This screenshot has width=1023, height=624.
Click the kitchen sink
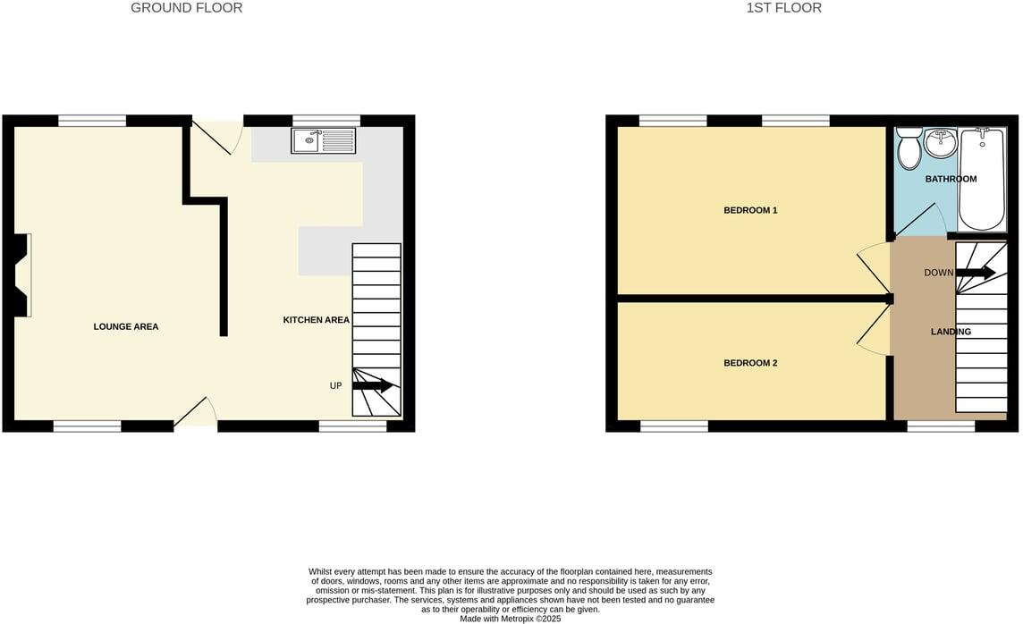coord(323,140)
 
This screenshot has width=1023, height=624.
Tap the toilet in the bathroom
coord(909,148)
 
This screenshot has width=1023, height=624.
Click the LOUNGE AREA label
coord(126,327)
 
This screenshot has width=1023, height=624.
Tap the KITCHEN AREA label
coord(316,320)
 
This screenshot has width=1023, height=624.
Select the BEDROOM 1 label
coord(750,211)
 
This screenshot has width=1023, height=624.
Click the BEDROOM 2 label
coord(750,364)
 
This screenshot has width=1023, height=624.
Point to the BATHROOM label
coord(951,180)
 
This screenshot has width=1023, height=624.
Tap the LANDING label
coord(951,333)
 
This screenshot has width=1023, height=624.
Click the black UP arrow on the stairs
coord(373,386)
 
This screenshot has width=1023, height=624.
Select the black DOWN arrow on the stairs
coord(976,273)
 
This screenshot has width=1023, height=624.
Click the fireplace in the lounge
coord(23,275)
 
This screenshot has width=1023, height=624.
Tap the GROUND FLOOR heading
coord(186,8)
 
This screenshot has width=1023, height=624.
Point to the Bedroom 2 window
coord(673,426)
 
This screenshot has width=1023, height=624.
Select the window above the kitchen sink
coord(326,121)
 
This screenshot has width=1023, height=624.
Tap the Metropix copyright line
coord(511,619)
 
